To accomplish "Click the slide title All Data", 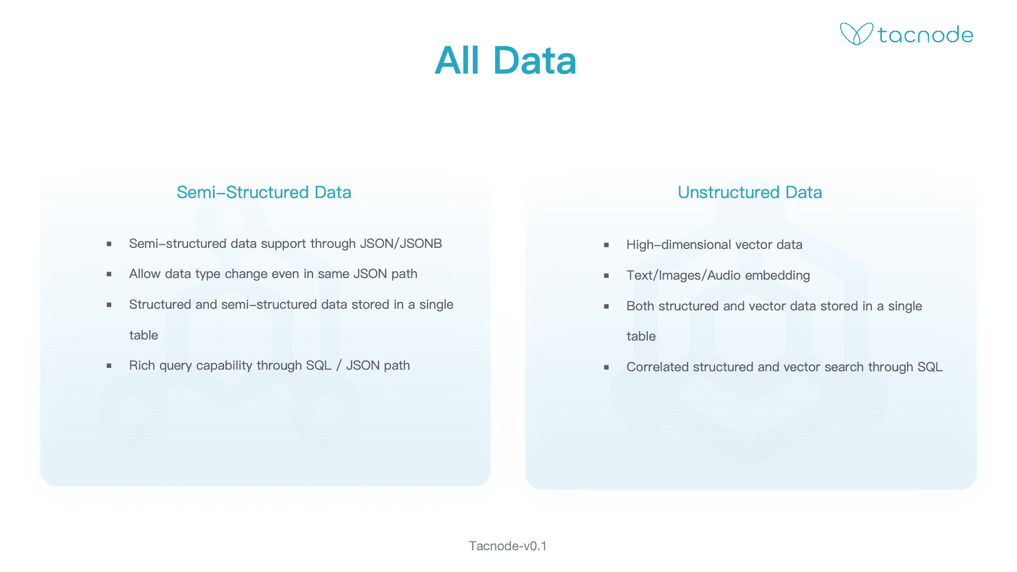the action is pos(505,60).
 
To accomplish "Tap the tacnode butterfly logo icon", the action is pos(856,34).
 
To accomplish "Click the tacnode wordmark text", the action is pos(925,35).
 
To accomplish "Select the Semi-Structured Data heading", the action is pos(264,192).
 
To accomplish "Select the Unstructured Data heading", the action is pos(750,192).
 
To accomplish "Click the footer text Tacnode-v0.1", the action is pos(507,546).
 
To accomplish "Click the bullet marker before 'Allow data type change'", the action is pos(109,274).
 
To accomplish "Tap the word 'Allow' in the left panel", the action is pos(145,274).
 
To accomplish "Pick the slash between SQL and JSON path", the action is pos(338,365).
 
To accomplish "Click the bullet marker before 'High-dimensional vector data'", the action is pos(606,245).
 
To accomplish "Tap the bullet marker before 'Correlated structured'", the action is pos(606,368).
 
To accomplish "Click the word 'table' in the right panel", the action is pos(641,336).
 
